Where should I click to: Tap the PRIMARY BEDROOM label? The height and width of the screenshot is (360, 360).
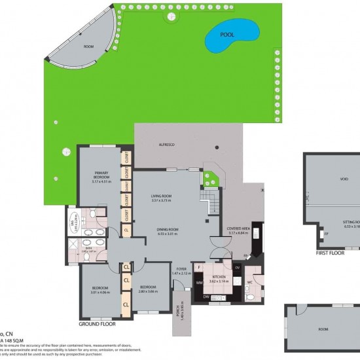click(x=101, y=175)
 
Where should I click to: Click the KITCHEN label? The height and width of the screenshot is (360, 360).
click(x=219, y=277)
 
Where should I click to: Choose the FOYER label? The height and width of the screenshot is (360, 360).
click(x=180, y=268)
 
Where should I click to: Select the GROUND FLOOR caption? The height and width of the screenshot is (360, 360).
click(x=98, y=324)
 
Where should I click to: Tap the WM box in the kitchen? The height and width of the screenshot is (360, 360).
click(x=198, y=283)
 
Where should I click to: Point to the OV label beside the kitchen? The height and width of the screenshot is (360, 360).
click(x=237, y=266)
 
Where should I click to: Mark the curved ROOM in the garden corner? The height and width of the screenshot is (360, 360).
click(x=88, y=46)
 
